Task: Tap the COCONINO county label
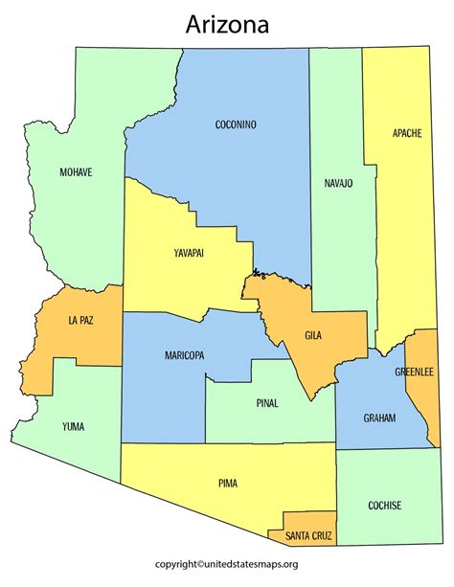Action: click(236, 124)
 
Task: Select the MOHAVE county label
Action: click(76, 172)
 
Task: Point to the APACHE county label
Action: click(406, 133)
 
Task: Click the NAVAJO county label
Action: click(336, 183)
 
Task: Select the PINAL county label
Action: click(267, 403)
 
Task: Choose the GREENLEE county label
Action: click(415, 372)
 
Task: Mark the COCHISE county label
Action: click(384, 505)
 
